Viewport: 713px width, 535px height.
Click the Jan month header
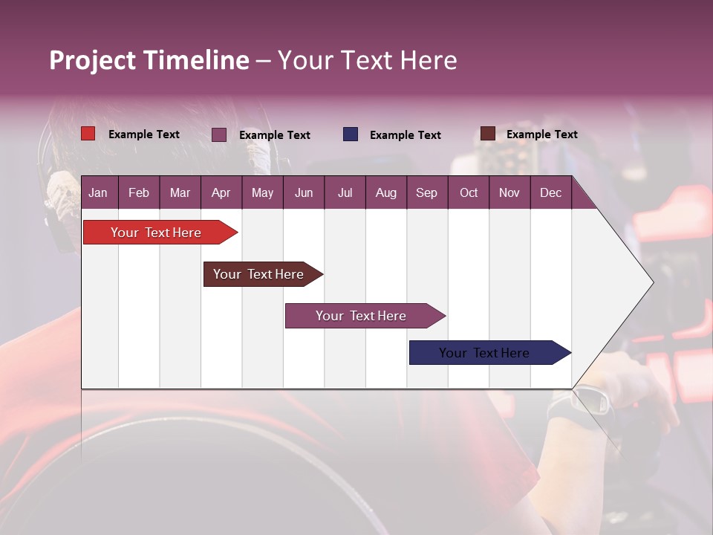pyautogui.click(x=98, y=192)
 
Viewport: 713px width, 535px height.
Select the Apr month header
pyautogui.click(x=221, y=192)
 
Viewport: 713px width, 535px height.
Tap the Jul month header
pyautogui.click(x=345, y=192)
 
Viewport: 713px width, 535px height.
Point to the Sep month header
pyautogui.click(x=426, y=192)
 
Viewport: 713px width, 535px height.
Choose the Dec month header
pyautogui.click(x=550, y=192)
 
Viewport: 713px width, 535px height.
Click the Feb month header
pyautogui.click(x=139, y=192)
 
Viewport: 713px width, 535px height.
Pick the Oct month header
pyautogui.click(x=469, y=192)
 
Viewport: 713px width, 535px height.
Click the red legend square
pyautogui.click(x=88, y=134)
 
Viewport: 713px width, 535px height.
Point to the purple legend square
pyautogui.click(x=219, y=134)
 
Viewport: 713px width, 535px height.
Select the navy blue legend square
pyautogui.click(x=351, y=134)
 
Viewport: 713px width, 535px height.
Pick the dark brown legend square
pyautogui.click(x=487, y=134)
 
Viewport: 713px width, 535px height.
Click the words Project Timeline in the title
pyautogui.click(x=149, y=60)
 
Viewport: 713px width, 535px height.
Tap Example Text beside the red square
pyautogui.click(x=144, y=134)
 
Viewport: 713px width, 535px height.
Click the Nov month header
pyautogui.click(x=509, y=192)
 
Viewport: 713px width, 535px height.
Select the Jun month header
pyautogui.click(x=304, y=192)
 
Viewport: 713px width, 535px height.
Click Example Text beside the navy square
pyautogui.click(x=406, y=135)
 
